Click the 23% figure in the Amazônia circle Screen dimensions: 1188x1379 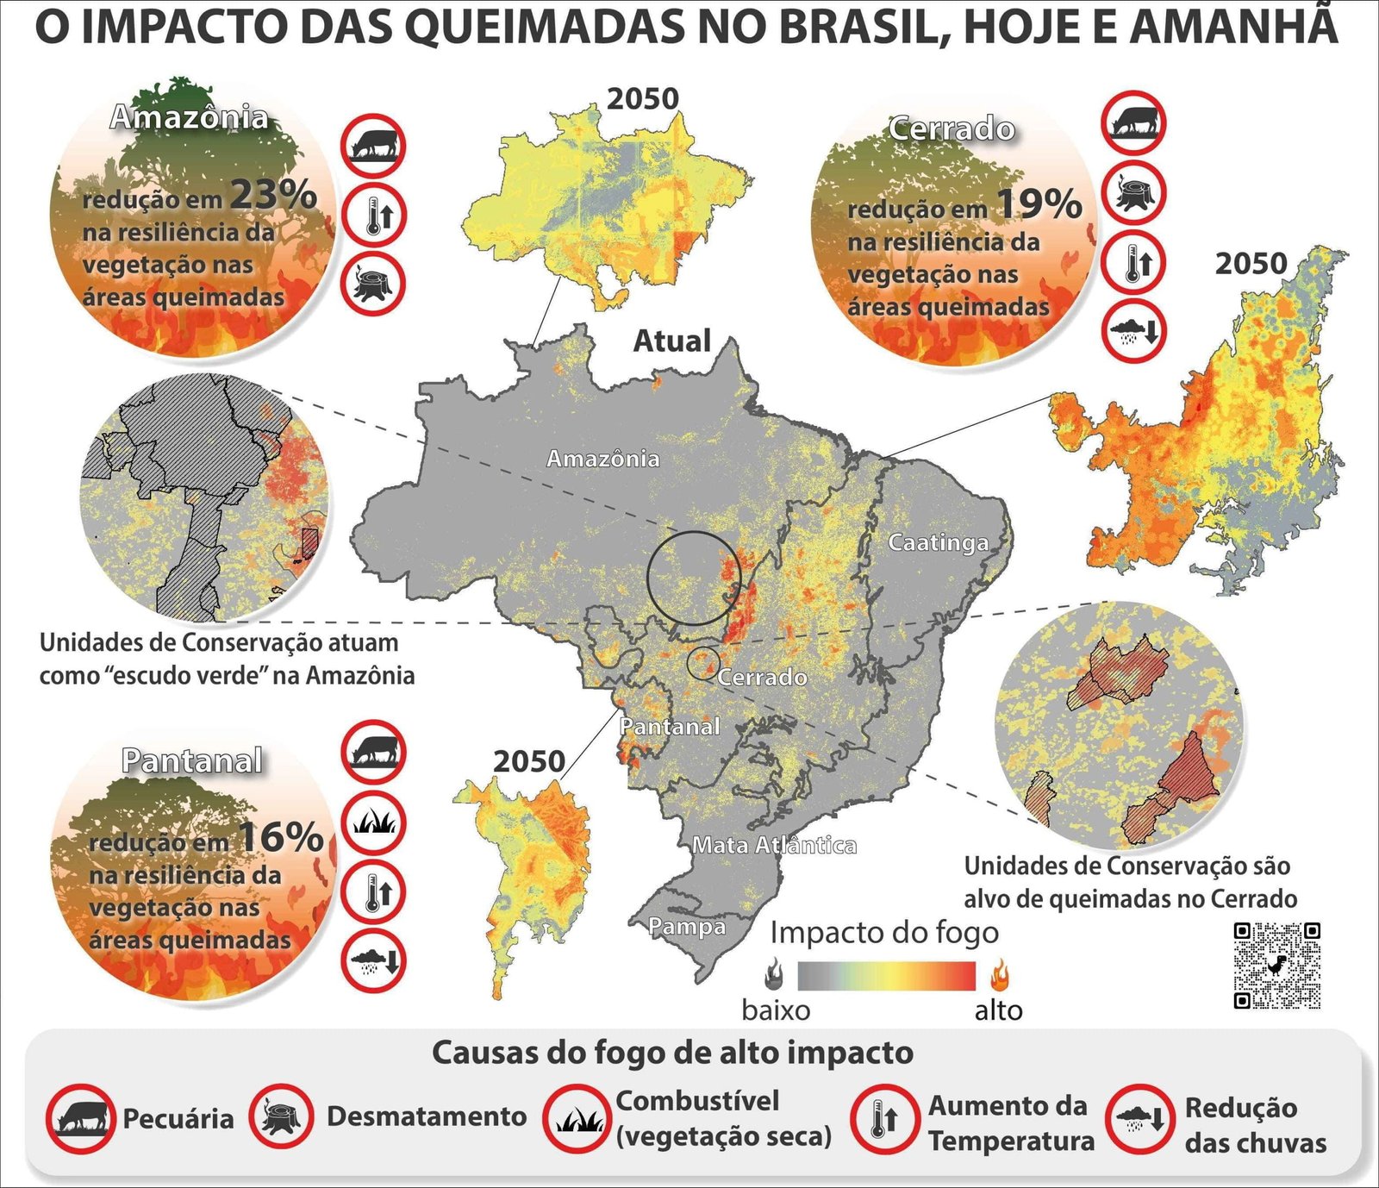pos(272,195)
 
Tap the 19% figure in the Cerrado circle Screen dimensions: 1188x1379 pos(1039,205)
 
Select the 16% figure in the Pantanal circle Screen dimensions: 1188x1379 pos(280,837)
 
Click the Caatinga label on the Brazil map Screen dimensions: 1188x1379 pos(938,543)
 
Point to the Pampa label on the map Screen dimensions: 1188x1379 pos(686,927)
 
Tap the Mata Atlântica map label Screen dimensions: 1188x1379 pos(774,846)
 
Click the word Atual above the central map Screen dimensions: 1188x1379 pos(671,341)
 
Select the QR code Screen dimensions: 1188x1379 pos(1276,965)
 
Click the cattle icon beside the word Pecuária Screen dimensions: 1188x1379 pos(80,1119)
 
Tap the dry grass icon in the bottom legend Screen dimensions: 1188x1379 pos(577,1119)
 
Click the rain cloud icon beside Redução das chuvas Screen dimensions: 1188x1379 pos(1139,1119)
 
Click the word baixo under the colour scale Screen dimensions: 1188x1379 pos(776,1010)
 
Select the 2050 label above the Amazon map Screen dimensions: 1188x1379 pos(642,99)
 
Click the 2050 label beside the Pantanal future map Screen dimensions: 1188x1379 pos(528,761)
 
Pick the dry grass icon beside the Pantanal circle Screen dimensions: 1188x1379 pos(373,822)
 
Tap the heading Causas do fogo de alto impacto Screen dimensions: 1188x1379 pos(672,1053)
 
